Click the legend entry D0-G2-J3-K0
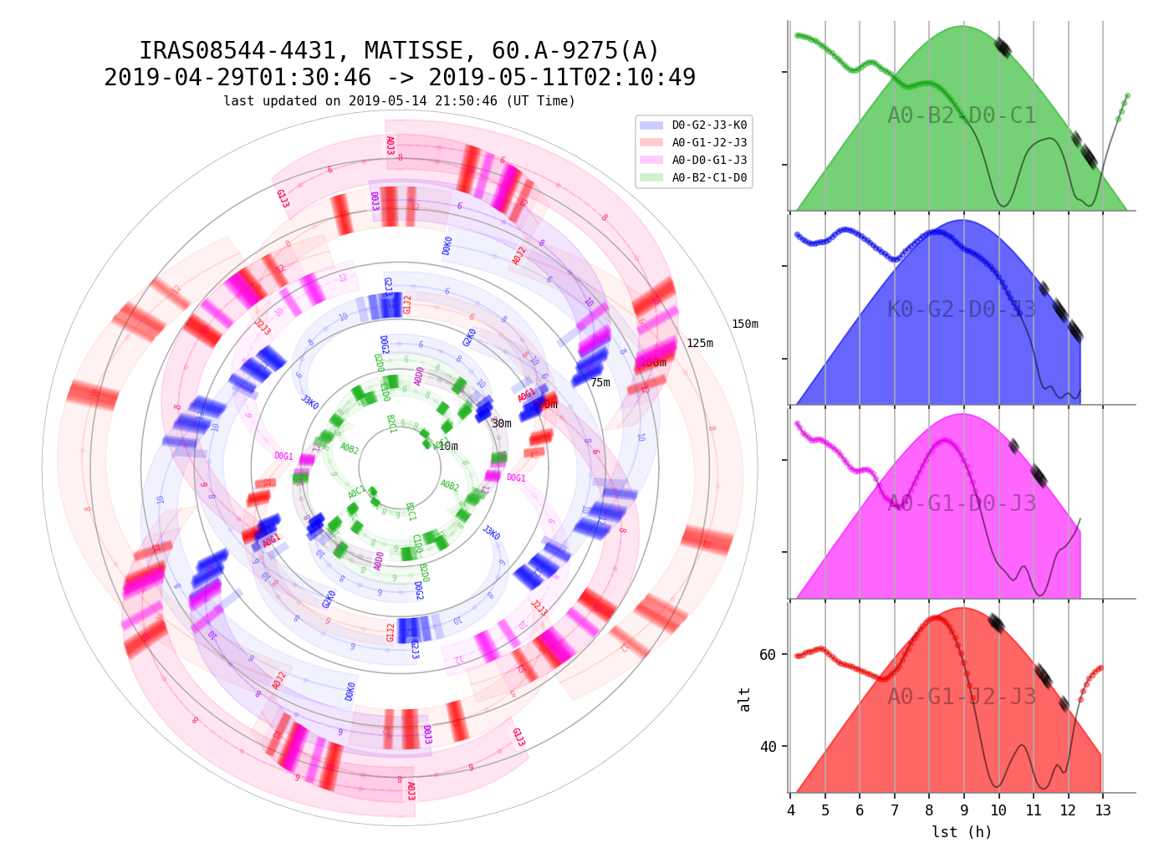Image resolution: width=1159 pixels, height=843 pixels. pos(709,125)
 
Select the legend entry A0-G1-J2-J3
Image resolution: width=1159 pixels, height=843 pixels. pos(709,143)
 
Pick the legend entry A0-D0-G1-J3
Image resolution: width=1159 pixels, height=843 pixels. pos(709,161)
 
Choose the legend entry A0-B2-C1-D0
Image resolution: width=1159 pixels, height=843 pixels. pos(709,178)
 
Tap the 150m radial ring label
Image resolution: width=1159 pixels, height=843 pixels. pos(744,324)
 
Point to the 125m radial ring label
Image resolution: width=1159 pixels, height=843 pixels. pos(700,344)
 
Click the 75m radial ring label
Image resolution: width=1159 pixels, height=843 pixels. pos(600,383)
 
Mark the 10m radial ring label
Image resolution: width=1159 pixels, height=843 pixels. pos(448,447)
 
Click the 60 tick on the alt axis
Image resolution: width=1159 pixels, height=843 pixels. pos(768,654)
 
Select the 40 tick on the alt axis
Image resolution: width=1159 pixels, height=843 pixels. pos(768,747)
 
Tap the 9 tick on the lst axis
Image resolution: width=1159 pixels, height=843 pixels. pos(963,811)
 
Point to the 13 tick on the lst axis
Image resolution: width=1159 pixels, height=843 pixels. pos(1102,811)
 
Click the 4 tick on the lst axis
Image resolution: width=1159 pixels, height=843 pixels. pos(790,811)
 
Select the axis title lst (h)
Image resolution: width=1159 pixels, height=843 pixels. pos(962,832)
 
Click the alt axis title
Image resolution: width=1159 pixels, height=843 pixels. pos(745,699)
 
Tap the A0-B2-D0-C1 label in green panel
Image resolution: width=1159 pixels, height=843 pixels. pos(962,116)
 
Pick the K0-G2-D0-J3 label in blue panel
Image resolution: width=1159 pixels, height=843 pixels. pos(962,310)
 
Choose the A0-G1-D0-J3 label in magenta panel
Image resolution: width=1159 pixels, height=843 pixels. pos(962,504)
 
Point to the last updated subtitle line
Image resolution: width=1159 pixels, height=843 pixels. pos(399,101)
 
